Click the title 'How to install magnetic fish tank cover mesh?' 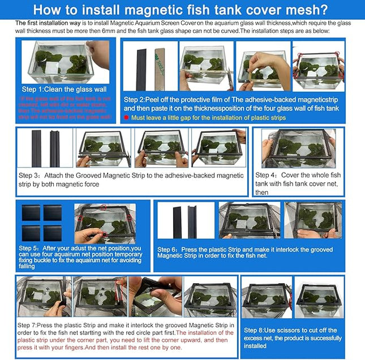pos(182,10)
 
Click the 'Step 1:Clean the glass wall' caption pos(64,89)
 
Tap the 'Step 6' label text pos(168,249)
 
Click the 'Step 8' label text pos(255,330)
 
